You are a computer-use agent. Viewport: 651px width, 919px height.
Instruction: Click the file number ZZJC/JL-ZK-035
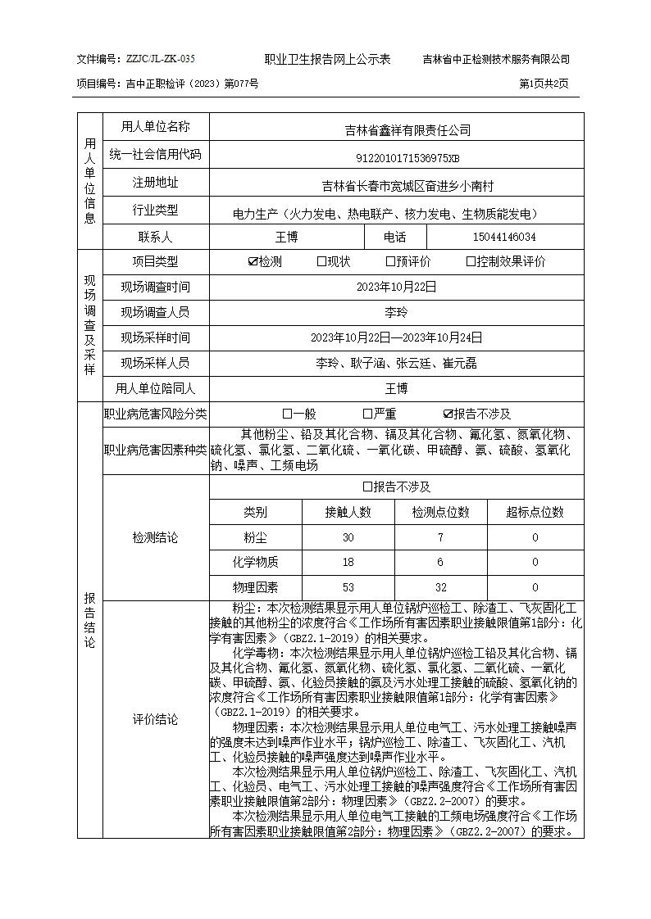pyautogui.click(x=160, y=59)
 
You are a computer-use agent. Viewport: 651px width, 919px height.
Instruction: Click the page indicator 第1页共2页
pyautogui.click(x=544, y=84)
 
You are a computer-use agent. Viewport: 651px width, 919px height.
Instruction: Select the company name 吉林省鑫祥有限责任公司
pyautogui.click(x=396, y=130)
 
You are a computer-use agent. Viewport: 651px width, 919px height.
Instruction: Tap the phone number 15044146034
pyautogui.click(x=504, y=238)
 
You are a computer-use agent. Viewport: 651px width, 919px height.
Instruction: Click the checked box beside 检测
pyautogui.click(x=253, y=262)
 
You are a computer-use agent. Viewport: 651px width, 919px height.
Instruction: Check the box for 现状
pyautogui.click(x=321, y=262)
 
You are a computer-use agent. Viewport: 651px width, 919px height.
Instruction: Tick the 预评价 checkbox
pyautogui.click(x=390, y=262)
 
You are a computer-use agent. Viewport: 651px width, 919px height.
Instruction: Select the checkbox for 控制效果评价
pyautogui.click(x=471, y=262)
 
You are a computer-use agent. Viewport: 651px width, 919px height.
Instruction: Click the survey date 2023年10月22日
pyautogui.click(x=396, y=287)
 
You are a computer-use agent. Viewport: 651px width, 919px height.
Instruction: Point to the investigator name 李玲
pyautogui.click(x=396, y=312)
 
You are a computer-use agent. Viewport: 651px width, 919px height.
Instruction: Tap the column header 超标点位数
pyautogui.click(x=535, y=512)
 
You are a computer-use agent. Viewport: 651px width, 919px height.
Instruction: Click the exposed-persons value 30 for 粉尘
pyautogui.click(x=348, y=537)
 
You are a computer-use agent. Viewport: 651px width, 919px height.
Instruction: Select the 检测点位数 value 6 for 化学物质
pyautogui.click(x=440, y=562)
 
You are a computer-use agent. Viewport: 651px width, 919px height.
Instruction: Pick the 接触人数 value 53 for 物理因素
pyautogui.click(x=348, y=587)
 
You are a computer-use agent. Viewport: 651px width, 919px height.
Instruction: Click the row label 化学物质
pyautogui.click(x=255, y=562)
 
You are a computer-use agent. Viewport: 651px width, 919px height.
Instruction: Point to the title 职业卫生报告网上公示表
pyautogui.click(x=327, y=59)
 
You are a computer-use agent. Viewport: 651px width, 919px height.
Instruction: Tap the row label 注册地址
pyautogui.click(x=156, y=183)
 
